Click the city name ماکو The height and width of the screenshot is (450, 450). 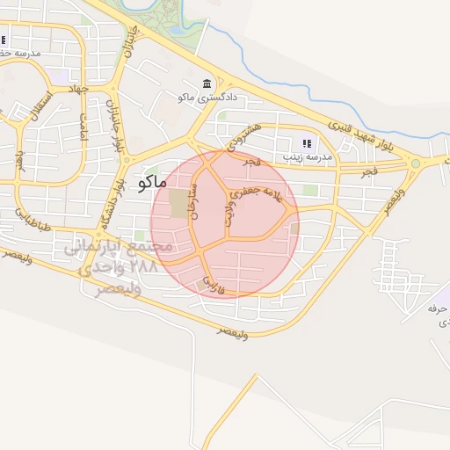coord(152,183)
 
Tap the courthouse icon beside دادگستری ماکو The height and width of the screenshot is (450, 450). coord(207,83)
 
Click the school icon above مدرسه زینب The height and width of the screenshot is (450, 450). coord(307,142)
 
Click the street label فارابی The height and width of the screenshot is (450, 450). coord(211,283)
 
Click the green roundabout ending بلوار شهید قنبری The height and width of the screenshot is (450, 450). coord(415,163)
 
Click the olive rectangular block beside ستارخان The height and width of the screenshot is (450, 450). coord(178,204)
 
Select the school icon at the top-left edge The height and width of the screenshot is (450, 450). coord(4,39)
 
